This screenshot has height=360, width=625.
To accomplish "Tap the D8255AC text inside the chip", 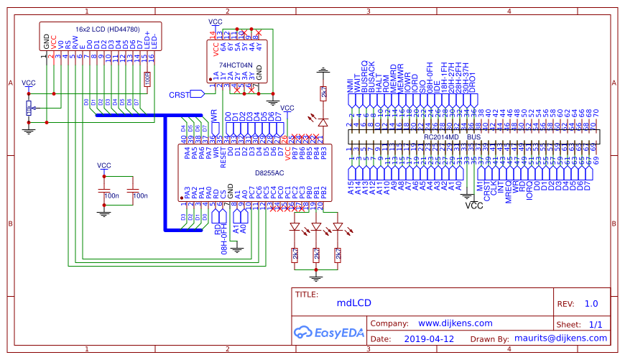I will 269,173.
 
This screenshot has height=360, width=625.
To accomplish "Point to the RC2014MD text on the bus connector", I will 442,137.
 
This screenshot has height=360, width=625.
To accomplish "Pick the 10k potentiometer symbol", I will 29,108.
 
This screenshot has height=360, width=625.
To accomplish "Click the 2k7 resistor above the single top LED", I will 323,93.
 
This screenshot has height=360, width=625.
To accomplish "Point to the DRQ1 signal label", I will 473,83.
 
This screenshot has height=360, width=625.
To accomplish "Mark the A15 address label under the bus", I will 351,188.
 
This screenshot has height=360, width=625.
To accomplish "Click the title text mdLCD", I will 354,303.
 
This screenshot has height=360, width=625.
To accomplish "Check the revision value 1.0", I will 591,304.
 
